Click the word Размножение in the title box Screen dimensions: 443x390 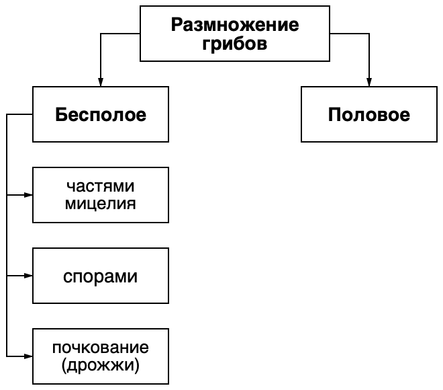[235, 25]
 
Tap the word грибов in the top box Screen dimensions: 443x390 [235, 44]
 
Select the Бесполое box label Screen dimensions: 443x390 [101, 114]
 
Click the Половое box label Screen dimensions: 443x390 [369, 114]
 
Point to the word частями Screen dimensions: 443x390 [101, 186]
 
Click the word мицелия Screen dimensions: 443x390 [101, 204]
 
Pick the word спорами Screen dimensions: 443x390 [100, 277]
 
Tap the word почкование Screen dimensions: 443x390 [101, 348]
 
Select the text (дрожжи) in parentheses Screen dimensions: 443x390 [101, 365]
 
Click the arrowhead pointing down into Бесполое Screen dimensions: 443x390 [101, 82]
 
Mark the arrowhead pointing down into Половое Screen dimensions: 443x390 [369, 82]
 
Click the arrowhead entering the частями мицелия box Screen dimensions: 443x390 [28, 195]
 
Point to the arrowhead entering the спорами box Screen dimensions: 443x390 [28, 276]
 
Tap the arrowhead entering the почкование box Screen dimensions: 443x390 [28, 356]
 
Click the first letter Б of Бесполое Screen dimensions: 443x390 [60, 114]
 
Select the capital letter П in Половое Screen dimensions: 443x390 [334, 114]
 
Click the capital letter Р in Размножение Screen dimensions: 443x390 [177, 25]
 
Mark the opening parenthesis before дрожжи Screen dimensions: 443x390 [64, 366]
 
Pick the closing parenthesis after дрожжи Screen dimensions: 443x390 [138, 366]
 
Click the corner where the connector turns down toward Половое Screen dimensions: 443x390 [369, 34]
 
